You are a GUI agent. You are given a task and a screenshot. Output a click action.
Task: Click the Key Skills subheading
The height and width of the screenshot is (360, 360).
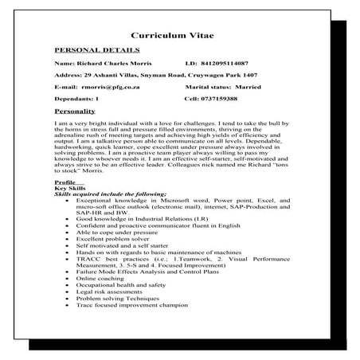pyautogui.click(x=70, y=188)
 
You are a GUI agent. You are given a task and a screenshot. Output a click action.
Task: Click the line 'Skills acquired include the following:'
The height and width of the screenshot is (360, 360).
pyautogui.click(x=110, y=194)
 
